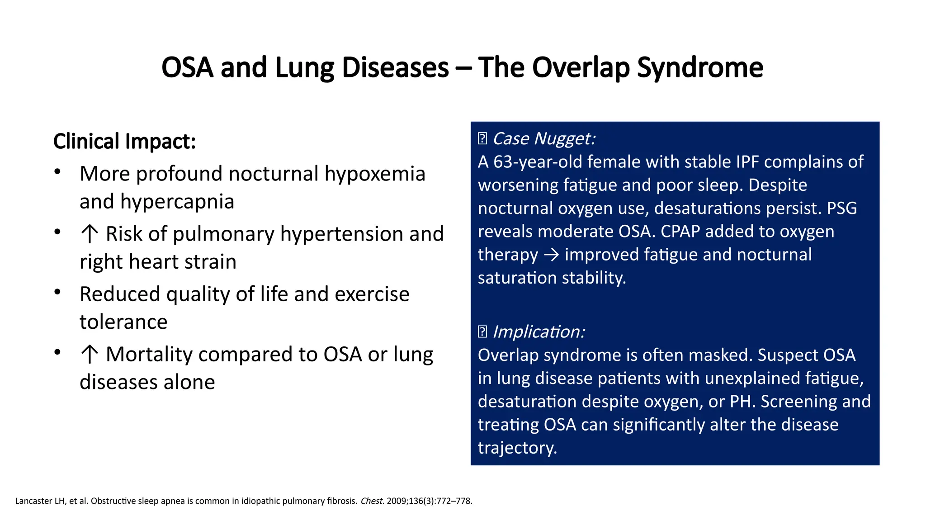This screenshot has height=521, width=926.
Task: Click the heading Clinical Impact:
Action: tap(124, 141)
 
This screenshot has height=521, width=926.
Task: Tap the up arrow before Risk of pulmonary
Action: tap(90, 234)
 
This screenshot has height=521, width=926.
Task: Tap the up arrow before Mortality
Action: tap(90, 355)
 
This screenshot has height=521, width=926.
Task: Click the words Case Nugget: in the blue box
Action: tap(543, 138)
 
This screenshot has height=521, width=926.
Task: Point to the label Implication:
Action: tap(539, 332)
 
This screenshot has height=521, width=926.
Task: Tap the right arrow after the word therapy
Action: tap(551, 255)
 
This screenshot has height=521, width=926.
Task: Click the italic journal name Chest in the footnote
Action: tap(372, 501)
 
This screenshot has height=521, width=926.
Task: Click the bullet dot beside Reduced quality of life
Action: tap(57, 292)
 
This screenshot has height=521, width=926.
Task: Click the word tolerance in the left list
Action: tap(123, 322)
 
